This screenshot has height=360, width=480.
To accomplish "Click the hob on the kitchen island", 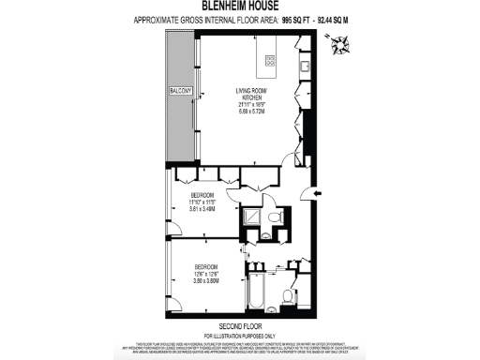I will (x=270, y=60).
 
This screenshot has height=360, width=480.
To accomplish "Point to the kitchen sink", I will (x=306, y=65).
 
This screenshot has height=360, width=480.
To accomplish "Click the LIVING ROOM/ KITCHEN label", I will (x=251, y=93).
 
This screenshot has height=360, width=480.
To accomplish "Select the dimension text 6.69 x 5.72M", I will (x=251, y=110).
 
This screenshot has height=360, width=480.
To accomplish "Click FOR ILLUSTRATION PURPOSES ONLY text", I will (x=239, y=337).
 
